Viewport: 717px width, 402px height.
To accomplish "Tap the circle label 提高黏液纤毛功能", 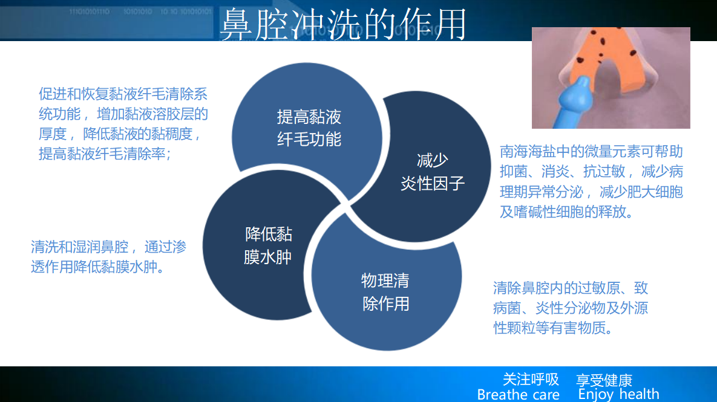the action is pyautogui.click(x=309, y=128).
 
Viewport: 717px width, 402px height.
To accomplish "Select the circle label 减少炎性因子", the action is pyautogui.click(x=433, y=172).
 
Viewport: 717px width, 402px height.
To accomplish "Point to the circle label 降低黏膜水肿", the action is pyautogui.click(x=268, y=245).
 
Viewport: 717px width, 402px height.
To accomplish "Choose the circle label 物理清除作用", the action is pyautogui.click(x=385, y=292).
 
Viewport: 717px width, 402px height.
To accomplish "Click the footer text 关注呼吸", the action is pyautogui.click(x=531, y=379).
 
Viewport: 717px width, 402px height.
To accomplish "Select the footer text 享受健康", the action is pyautogui.click(x=604, y=380).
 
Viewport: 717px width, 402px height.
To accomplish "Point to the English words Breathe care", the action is pyautogui.click(x=518, y=394).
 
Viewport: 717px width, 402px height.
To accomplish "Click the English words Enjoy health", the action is pyautogui.click(x=619, y=394).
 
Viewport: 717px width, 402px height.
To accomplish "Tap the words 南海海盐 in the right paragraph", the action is pyautogui.click(x=528, y=151).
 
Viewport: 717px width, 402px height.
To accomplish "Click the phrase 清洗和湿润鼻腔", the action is pyautogui.click(x=79, y=247).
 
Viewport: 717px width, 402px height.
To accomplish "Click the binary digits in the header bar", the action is pyautogui.click(x=140, y=11).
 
